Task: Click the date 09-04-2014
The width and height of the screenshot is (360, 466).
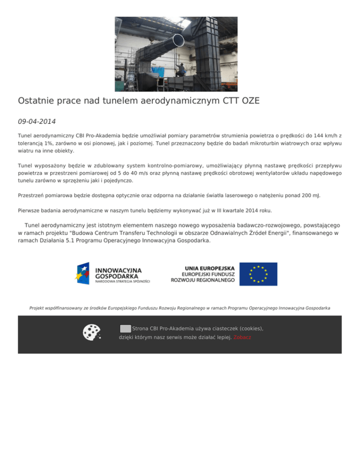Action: coord(37,121)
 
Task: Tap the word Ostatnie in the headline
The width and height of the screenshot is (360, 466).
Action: coord(38,101)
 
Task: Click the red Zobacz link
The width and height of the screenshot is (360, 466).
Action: coord(242,337)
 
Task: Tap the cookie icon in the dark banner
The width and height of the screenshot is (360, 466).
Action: coord(91,332)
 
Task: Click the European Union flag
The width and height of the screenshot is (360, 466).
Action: coord(258,274)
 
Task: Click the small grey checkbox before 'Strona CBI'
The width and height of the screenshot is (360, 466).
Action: coord(125,328)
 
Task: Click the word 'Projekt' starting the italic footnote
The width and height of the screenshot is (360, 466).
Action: coord(37,308)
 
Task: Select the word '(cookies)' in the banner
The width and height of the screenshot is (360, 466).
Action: coord(248,329)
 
